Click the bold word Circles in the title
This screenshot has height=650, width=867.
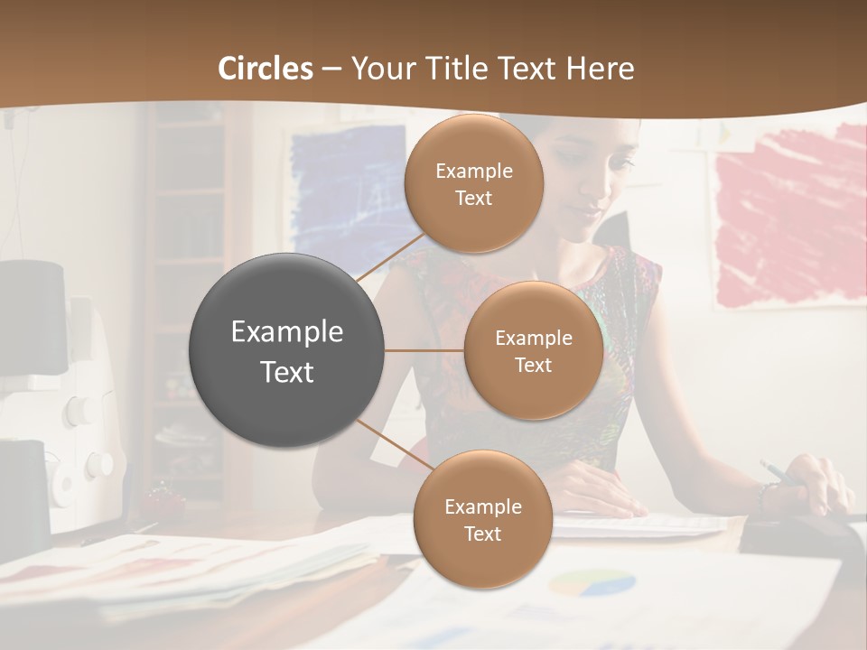pos(265,69)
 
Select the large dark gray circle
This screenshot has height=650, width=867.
pos(287,350)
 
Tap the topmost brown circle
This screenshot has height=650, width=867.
pos(474,183)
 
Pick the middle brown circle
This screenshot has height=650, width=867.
pos(533,350)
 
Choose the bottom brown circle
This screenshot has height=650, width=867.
pos(482,519)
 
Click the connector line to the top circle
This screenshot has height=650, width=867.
pos(390,255)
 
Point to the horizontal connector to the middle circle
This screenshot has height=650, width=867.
pos(424,350)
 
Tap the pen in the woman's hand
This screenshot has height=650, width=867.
pos(774,470)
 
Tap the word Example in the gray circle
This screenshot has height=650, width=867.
pos(287,332)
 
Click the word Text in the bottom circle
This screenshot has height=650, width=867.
pos(482,534)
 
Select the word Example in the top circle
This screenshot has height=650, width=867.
pos(474,171)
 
